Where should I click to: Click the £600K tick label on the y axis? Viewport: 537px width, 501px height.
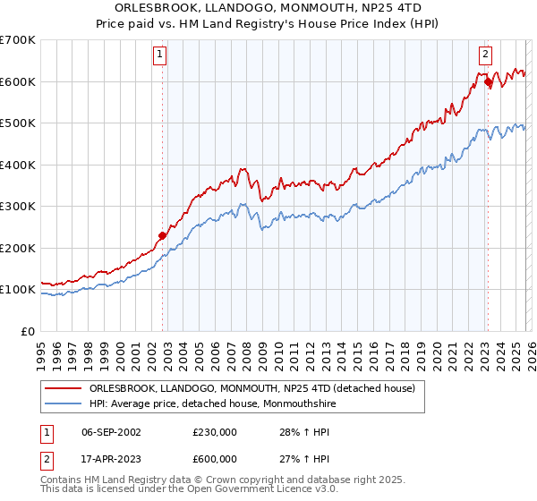pos(18,81)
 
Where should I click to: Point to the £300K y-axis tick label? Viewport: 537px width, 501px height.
pos(18,206)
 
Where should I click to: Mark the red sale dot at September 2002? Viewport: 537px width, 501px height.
pos(163,236)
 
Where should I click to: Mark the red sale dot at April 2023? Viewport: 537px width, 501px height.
pos(488,82)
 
